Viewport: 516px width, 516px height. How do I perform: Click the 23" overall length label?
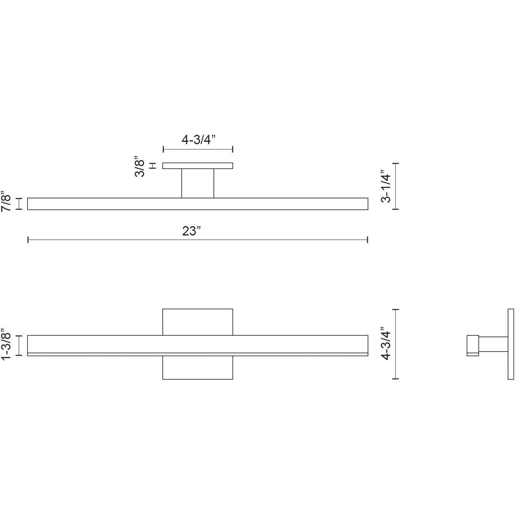click(192, 231)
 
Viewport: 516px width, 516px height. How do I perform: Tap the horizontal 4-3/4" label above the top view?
click(198, 139)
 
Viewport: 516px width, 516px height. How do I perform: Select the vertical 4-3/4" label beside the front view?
click(385, 344)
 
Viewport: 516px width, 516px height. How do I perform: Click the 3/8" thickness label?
click(140, 166)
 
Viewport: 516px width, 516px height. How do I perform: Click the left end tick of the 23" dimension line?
click(28, 240)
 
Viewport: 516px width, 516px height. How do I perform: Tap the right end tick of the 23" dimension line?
click(368, 240)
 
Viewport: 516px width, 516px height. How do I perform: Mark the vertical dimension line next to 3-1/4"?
click(396, 186)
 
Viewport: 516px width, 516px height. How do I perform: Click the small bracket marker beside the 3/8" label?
click(153, 166)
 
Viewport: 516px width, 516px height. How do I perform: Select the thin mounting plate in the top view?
click(198, 166)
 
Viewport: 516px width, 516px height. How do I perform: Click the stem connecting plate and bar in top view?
click(198, 183)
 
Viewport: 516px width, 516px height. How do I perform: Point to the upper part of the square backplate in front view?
click(198, 322)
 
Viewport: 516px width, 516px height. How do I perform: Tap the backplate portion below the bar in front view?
click(198, 368)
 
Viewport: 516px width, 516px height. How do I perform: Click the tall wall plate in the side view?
click(511, 344)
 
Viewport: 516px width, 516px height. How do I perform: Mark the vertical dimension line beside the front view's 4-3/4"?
click(396, 344)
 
